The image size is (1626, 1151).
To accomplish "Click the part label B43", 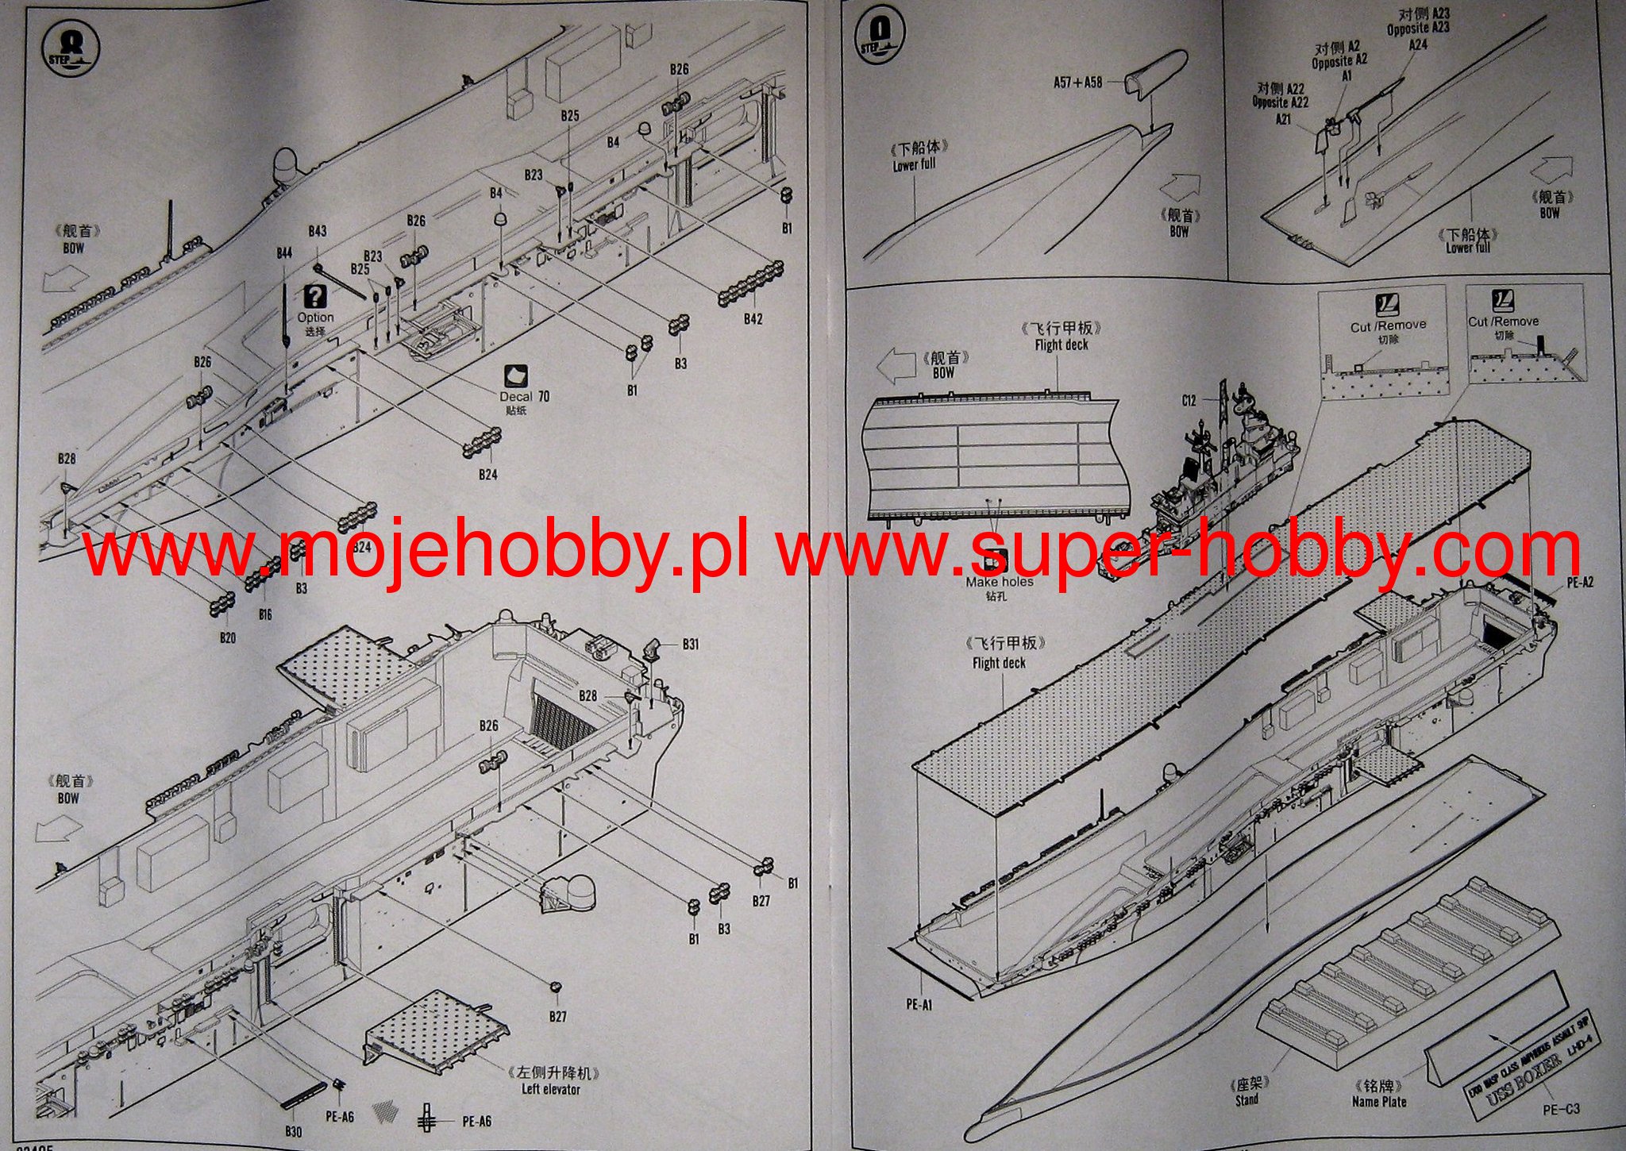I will (x=317, y=231).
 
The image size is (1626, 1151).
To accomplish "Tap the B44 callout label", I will (x=284, y=252).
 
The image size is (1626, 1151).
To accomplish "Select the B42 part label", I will (x=753, y=318).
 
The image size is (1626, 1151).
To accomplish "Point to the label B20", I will (x=227, y=637).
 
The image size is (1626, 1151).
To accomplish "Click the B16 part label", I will (x=265, y=614).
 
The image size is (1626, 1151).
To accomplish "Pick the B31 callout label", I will (x=690, y=644).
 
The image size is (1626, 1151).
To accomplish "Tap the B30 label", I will (x=293, y=1130).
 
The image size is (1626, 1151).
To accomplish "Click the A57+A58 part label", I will (x=1077, y=82).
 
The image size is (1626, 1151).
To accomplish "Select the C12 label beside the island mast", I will (x=1188, y=401).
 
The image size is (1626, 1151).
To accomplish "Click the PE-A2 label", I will (x=1580, y=583).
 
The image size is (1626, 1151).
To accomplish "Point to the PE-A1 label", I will (x=919, y=1004).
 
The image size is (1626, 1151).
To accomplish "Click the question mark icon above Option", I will (x=315, y=297).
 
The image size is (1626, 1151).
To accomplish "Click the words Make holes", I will (x=1000, y=582).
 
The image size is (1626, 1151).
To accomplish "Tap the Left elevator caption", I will (x=550, y=1089).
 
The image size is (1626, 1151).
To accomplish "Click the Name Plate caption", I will (x=1378, y=1102).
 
